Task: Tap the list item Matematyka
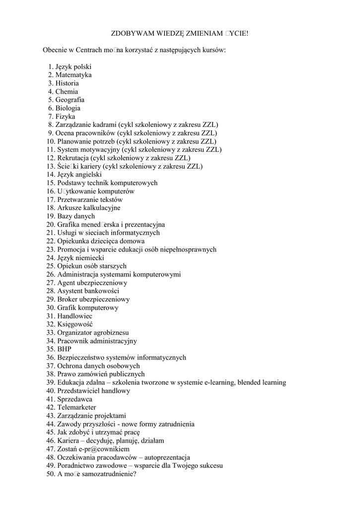coord(73,75)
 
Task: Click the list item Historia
coord(67,83)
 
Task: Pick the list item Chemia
coord(67,92)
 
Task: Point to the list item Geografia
coord(70,100)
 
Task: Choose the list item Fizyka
coord(65,117)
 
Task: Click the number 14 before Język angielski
coord(51,175)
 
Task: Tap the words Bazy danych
coord(76,216)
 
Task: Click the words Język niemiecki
coord(80,258)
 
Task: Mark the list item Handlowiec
coord(74,316)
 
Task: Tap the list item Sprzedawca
coord(74,399)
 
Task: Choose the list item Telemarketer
coord(77,407)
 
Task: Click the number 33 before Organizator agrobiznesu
coord(51,332)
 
